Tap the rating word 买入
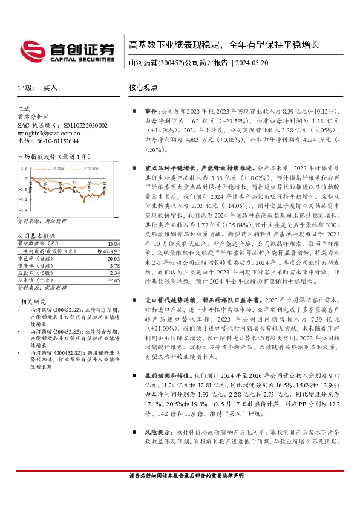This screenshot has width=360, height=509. (50, 88)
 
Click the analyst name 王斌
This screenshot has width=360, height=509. (24, 108)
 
